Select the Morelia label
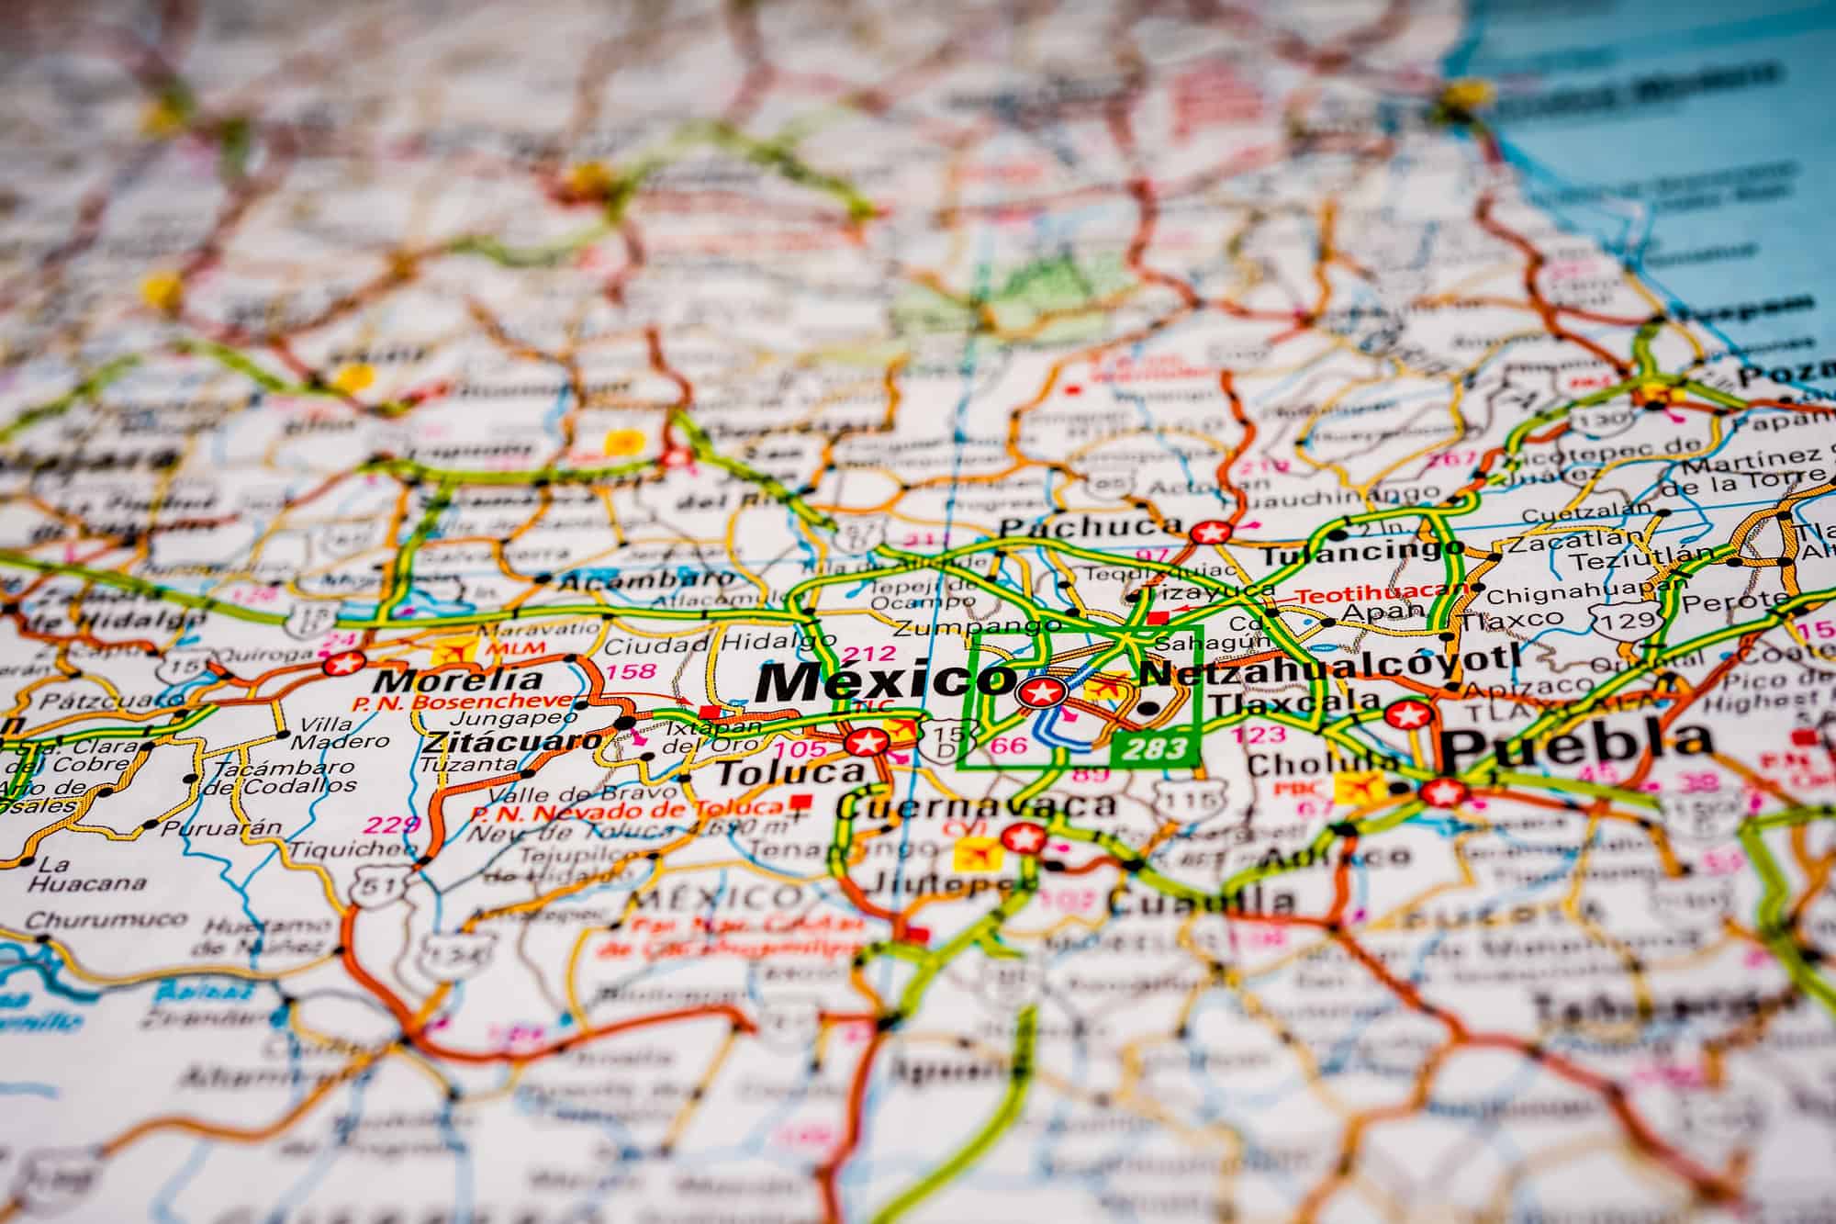(459, 680)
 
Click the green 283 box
(1155, 748)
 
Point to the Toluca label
(789, 773)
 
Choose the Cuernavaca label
(977, 807)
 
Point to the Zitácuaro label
(513, 741)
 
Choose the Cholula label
(1322, 764)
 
